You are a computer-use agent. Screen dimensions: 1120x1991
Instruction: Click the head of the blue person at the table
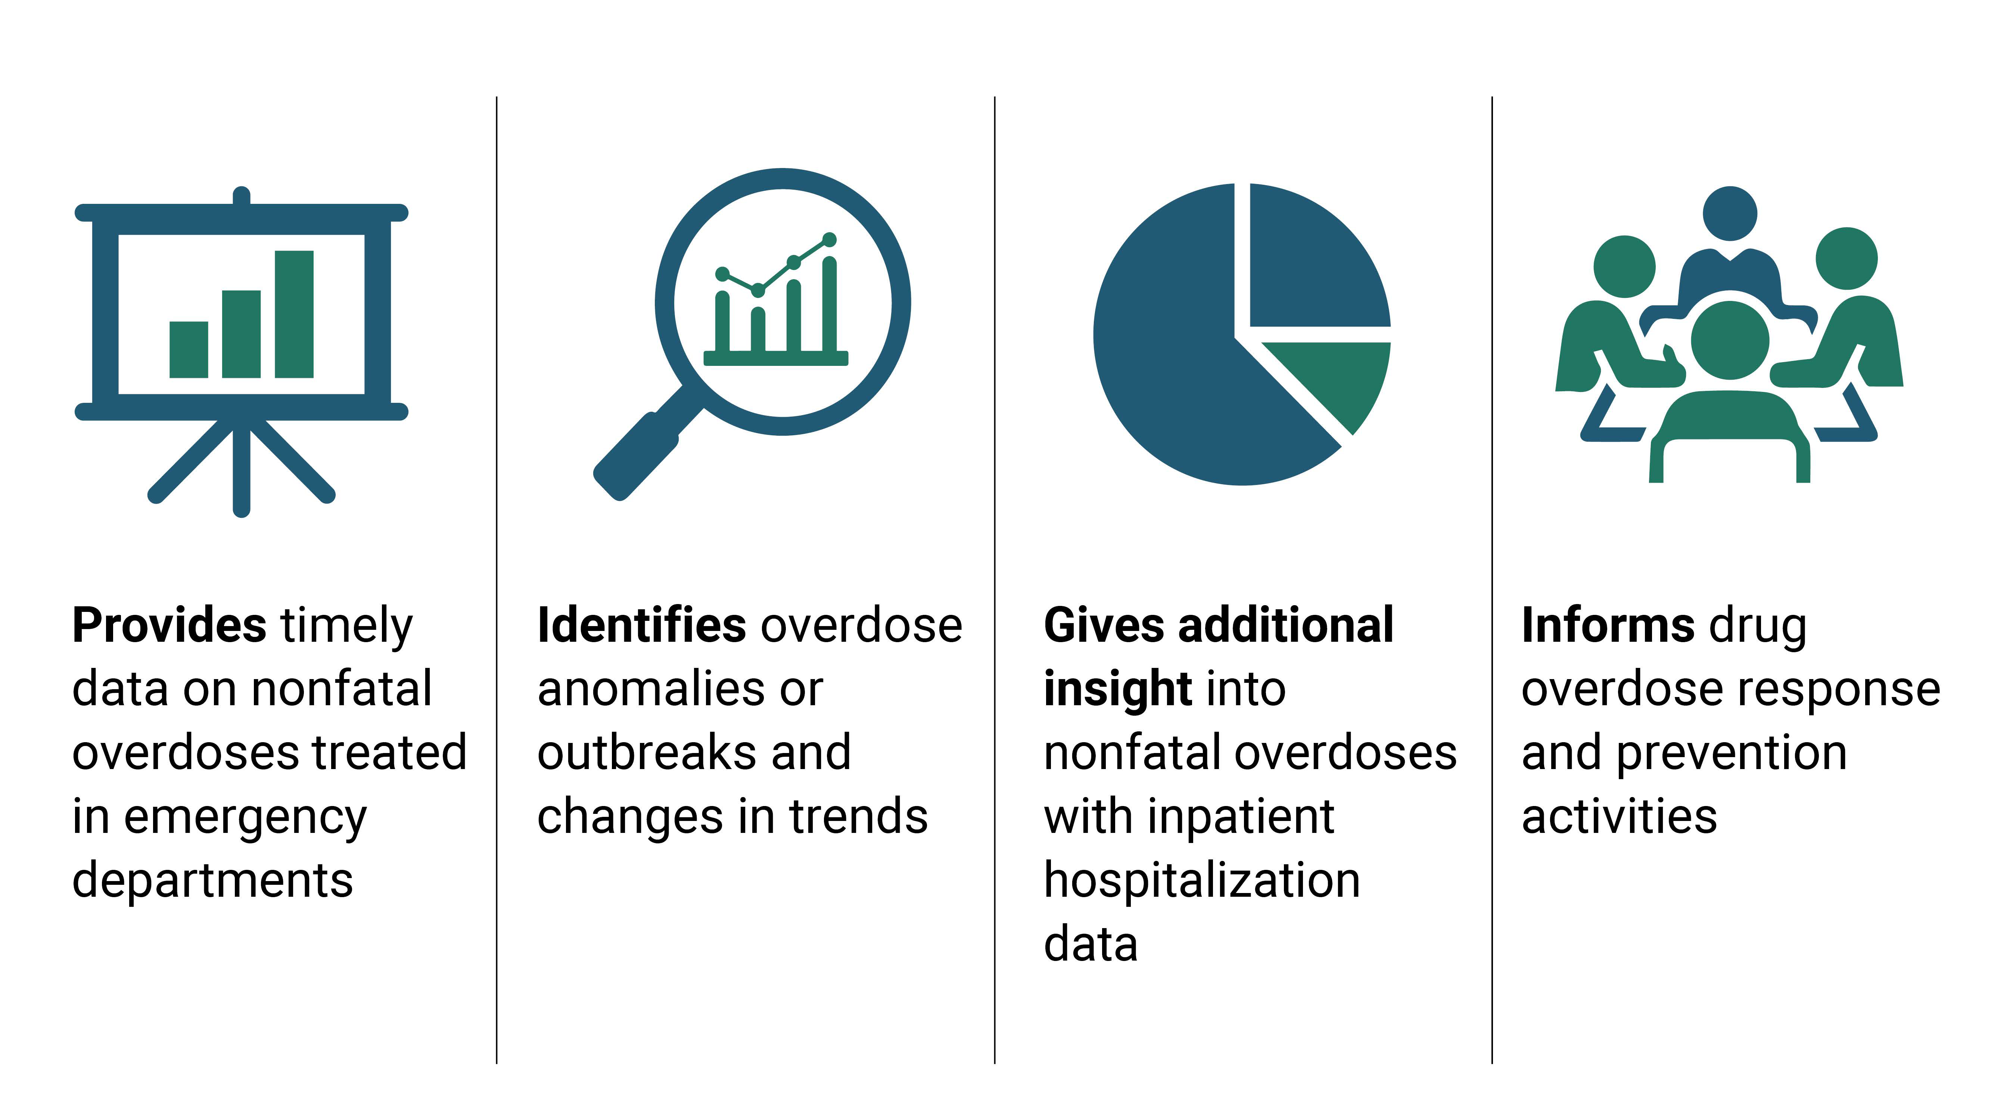(1730, 213)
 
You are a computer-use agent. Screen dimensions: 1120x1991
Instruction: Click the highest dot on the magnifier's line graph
(829, 240)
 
